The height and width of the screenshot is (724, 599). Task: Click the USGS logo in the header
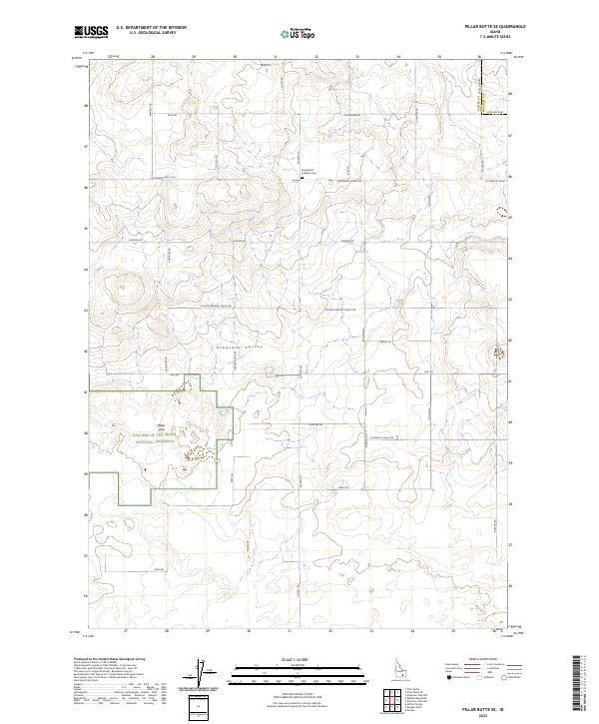pyautogui.click(x=92, y=32)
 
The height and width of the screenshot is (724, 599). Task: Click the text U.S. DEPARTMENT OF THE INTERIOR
pyautogui.click(x=151, y=28)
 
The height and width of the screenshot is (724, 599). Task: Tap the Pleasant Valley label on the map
pyautogui.click(x=239, y=346)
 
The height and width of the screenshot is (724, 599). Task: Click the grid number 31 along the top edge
pyautogui.click(x=275, y=57)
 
